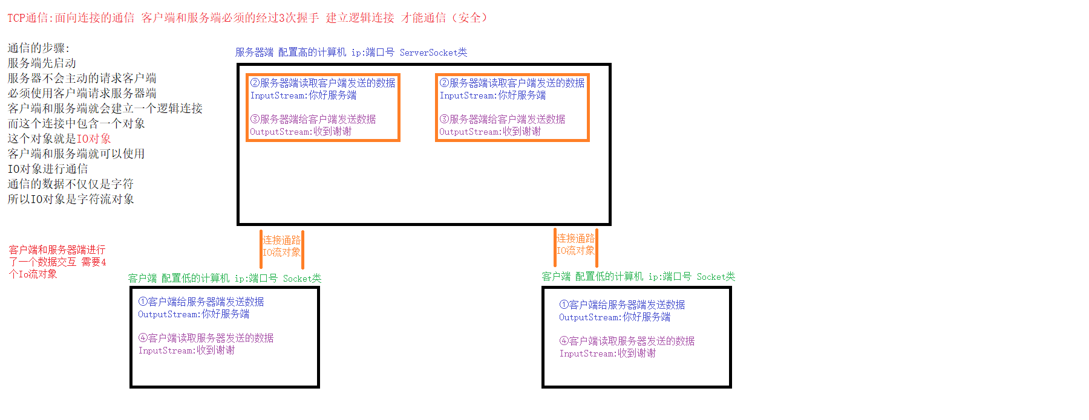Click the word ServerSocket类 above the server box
tap(433, 53)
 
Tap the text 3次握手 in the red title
tap(298, 18)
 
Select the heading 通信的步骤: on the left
tap(38, 48)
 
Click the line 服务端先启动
tap(42, 63)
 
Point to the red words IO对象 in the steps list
tap(94, 138)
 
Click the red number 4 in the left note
tap(103, 262)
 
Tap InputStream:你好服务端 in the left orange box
tap(303, 95)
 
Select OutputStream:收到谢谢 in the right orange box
tap(490, 132)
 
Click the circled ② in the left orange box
tap(255, 83)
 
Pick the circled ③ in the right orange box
tap(444, 119)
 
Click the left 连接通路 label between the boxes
tap(281, 240)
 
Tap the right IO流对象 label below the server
tap(575, 250)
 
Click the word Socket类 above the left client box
tap(302, 279)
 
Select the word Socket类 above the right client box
tap(716, 277)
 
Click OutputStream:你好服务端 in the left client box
tap(194, 314)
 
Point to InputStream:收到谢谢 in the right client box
tap(607, 354)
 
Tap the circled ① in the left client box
tap(143, 302)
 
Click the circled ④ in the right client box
tap(564, 341)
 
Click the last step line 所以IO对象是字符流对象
tap(71, 199)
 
